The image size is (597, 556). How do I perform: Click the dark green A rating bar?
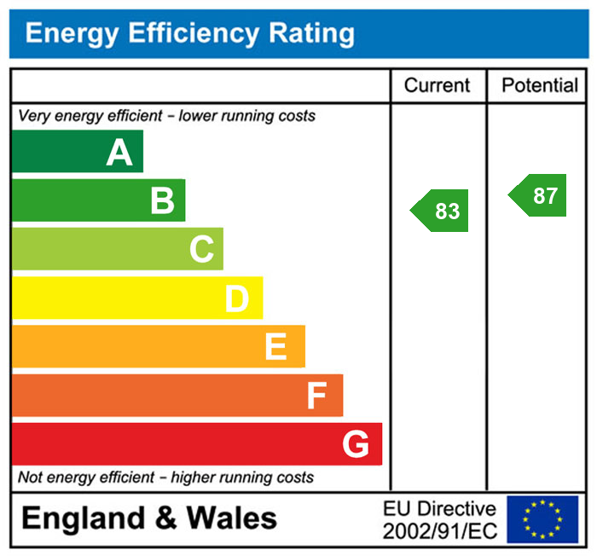[77, 152]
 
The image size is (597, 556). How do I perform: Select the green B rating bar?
[98, 200]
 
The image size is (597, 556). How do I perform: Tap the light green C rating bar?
[117, 249]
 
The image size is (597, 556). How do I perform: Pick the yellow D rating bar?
[136, 298]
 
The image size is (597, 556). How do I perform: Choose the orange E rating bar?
[158, 346]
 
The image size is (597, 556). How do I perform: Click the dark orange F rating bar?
[177, 396]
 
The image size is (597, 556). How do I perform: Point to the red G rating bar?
[196, 443]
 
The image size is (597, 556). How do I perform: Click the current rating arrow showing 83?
[442, 211]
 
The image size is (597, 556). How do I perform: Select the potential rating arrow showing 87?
[539, 195]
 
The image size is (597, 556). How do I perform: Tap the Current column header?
[437, 85]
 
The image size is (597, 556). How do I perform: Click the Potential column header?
[540, 85]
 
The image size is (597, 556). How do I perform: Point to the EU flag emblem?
[542, 519]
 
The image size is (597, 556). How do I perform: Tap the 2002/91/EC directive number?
[440, 530]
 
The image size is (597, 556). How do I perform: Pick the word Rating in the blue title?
[312, 33]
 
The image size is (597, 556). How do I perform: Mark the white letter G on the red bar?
[356, 443]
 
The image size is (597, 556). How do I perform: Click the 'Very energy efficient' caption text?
[166, 116]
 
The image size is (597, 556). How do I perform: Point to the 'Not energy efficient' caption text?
[165, 478]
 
